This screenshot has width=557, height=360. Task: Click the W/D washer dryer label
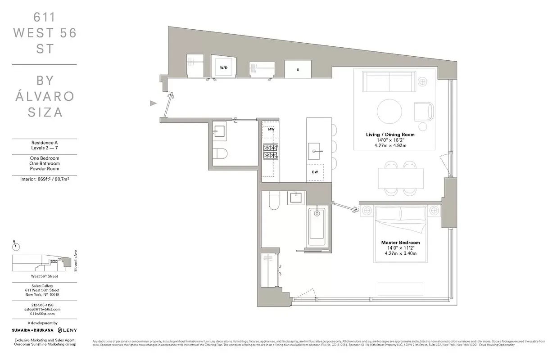pos(223,67)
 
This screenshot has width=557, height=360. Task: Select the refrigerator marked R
pos(298,70)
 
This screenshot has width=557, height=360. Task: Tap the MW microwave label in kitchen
pos(271,129)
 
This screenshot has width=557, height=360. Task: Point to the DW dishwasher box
pos(315,172)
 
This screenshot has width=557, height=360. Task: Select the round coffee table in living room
pos(389,111)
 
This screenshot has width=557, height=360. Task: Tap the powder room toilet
pos(220,153)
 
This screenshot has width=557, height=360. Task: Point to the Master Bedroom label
pos(400,243)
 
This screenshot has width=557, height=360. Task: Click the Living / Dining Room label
pos(390,135)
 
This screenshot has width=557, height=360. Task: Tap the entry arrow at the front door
pos(154,103)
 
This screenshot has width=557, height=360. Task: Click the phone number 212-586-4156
pos(42,305)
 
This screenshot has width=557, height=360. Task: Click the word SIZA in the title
pos(45,112)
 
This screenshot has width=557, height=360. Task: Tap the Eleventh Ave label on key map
pos(76,261)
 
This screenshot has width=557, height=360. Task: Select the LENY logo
pos(67,330)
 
